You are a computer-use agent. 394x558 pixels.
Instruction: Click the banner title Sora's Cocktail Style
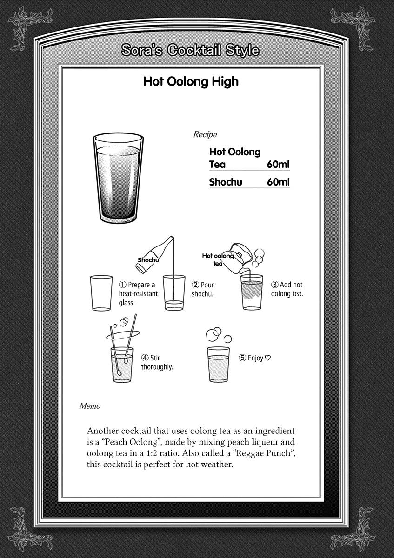click(x=190, y=50)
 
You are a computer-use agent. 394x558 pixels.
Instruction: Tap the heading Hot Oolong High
click(x=190, y=82)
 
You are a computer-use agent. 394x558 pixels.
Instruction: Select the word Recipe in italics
click(x=205, y=135)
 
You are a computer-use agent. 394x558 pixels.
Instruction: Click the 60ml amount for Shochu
click(x=278, y=182)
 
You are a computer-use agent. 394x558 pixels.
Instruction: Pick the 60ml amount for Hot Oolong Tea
click(x=278, y=164)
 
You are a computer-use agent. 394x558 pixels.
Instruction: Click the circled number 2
click(x=196, y=285)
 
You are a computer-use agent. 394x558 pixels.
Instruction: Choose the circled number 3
click(x=275, y=285)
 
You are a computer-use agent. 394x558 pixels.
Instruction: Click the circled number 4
click(x=145, y=358)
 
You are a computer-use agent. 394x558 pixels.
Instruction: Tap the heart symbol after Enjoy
click(x=268, y=358)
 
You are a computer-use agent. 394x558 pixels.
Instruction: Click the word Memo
click(x=90, y=406)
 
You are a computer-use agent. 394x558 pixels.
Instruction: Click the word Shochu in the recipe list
click(x=226, y=182)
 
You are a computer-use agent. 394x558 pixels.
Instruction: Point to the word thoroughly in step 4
click(x=157, y=367)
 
